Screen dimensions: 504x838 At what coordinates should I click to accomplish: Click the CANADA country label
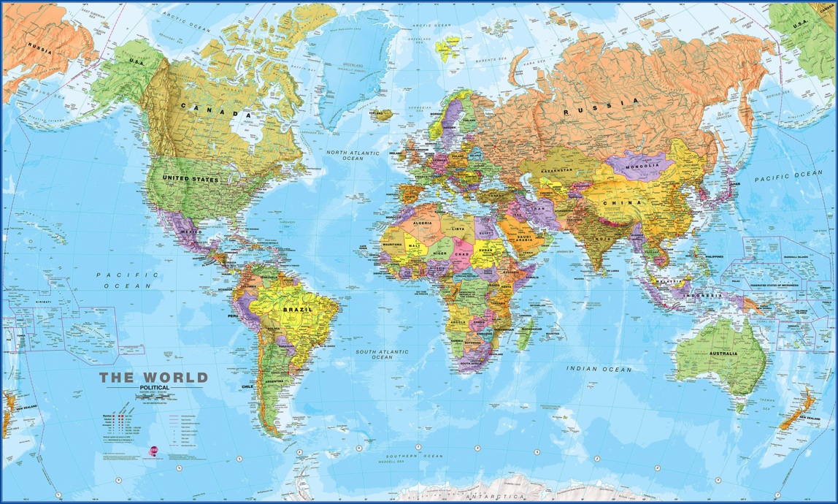click(x=215, y=114)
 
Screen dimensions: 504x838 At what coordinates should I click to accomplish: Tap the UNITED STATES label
click(x=190, y=179)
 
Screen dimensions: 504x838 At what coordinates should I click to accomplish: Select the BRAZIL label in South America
click(x=297, y=310)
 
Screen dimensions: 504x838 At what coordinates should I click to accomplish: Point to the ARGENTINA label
click(x=274, y=381)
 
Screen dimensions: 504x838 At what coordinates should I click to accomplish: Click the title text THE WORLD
click(x=154, y=378)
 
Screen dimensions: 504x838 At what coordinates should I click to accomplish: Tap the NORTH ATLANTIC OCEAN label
click(x=353, y=156)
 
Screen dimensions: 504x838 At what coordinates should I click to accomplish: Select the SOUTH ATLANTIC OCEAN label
click(x=382, y=354)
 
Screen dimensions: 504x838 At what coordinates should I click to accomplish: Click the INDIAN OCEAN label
click(x=599, y=370)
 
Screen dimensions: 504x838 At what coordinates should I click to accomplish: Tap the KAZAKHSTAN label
click(x=557, y=170)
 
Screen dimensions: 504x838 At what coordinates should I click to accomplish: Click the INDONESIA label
click(x=703, y=295)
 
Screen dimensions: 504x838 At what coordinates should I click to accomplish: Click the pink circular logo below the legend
click(x=153, y=451)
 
